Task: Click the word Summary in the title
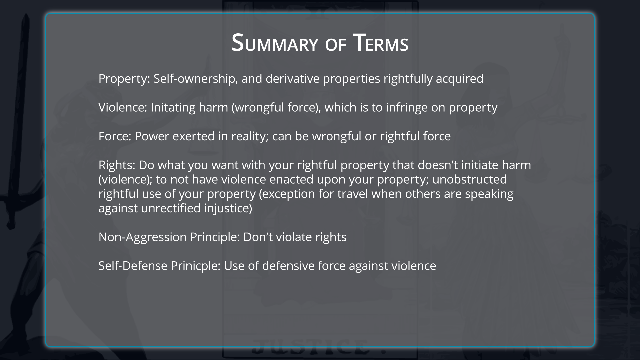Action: (275, 43)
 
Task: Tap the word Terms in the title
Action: (381, 43)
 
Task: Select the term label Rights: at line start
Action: (117, 165)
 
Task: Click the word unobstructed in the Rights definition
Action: (469, 179)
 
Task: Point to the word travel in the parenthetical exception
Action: (353, 194)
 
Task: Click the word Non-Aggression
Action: (143, 237)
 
